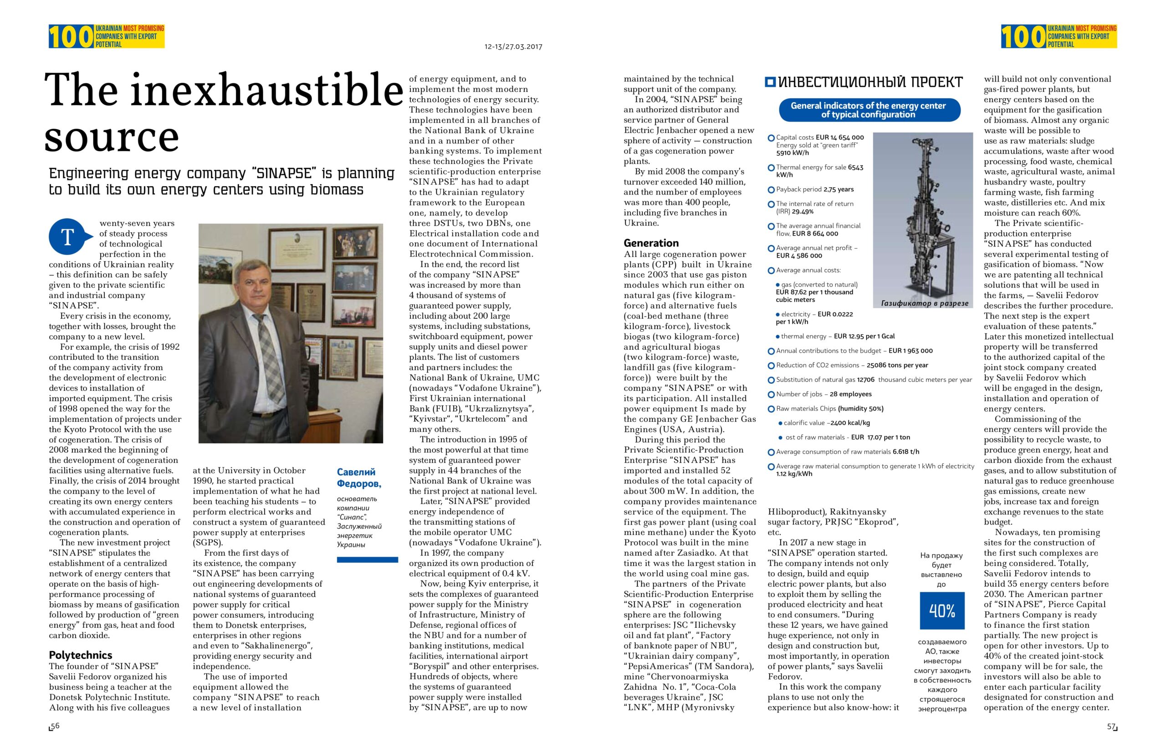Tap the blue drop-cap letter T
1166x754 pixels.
(67, 237)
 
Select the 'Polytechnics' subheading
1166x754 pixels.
(80, 655)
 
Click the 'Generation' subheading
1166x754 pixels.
(651, 243)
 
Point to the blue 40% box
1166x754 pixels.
(942, 610)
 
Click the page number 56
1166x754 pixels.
(55, 726)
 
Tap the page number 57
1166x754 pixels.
(1111, 727)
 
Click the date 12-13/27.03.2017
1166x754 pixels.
(513, 47)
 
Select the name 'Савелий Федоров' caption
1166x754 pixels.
(358, 478)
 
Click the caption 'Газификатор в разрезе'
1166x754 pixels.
(924, 303)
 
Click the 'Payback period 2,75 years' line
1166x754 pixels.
(814, 190)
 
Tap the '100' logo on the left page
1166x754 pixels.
(71, 37)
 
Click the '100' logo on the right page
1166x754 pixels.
(1023, 37)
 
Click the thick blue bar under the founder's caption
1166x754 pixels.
(367, 559)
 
